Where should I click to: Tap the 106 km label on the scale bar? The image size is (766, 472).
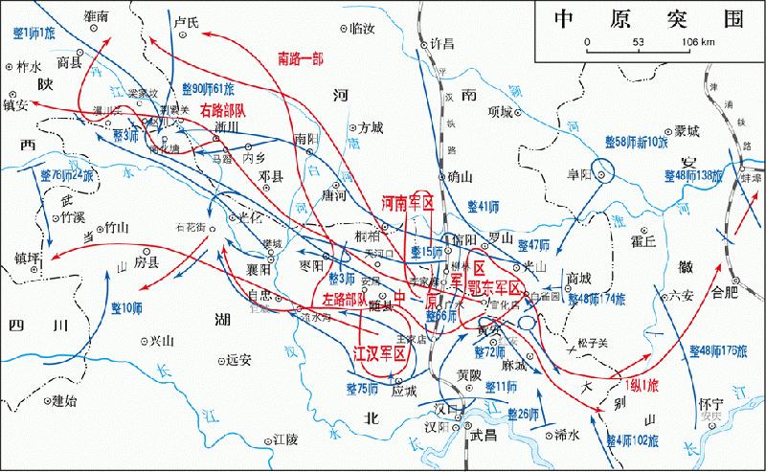[x=697, y=42]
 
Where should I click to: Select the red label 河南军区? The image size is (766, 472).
[x=408, y=204]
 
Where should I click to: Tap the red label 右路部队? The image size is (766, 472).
[x=225, y=112]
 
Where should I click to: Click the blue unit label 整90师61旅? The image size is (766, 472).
[x=209, y=88]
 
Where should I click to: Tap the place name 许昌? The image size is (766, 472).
[x=443, y=43]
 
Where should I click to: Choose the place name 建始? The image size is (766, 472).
[x=64, y=400]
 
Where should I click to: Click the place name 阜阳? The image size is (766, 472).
[x=575, y=176]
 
